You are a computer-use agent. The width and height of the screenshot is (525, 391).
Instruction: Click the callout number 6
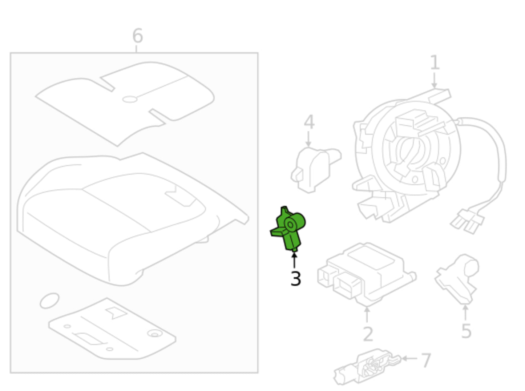coord(138,36)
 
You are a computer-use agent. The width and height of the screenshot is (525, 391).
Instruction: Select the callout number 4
coord(309,122)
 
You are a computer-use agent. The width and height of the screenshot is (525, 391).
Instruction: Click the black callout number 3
coord(296,279)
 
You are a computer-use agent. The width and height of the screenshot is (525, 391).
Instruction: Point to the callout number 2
coord(368,334)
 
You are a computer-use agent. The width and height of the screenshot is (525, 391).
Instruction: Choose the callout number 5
coord(466,331)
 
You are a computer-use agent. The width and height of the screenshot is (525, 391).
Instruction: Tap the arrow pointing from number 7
coord(409,358)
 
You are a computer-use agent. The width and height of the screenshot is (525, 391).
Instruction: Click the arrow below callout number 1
coord(434,81)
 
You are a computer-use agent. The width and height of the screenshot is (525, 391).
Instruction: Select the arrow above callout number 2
coord(367,314)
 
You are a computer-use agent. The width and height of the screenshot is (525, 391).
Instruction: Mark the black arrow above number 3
coord(294,260)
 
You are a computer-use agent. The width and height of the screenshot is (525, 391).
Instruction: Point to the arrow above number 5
coord(465,313)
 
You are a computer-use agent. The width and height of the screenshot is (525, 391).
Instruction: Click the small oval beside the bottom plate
coord(50,301)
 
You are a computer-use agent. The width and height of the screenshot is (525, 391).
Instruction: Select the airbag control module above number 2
coord(367,275)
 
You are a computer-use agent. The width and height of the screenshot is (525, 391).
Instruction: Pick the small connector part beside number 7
coord(367,367)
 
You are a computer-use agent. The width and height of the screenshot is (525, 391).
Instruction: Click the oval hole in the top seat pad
coord(130,99)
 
